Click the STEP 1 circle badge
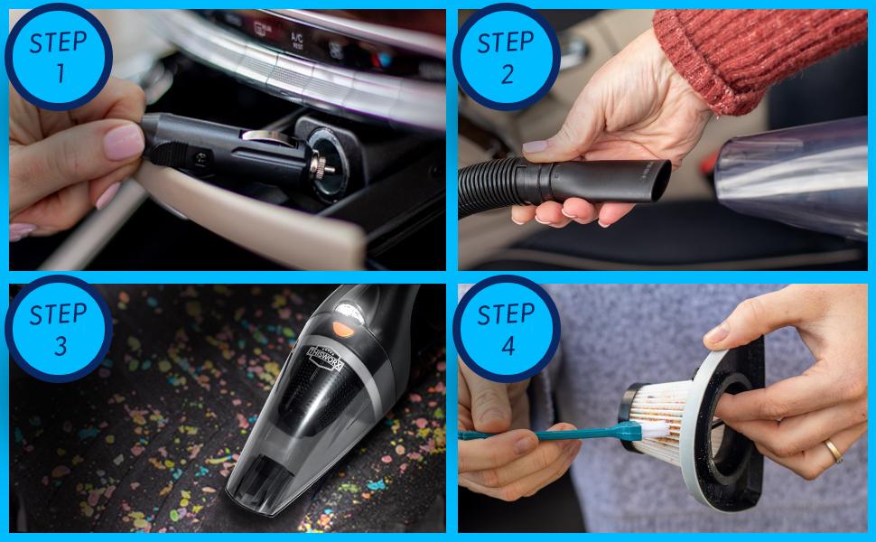(x=59, y=57)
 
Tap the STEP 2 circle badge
(x=507, y=57)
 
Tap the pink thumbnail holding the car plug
(x=124, y=141)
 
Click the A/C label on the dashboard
(x=296, y=39)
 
